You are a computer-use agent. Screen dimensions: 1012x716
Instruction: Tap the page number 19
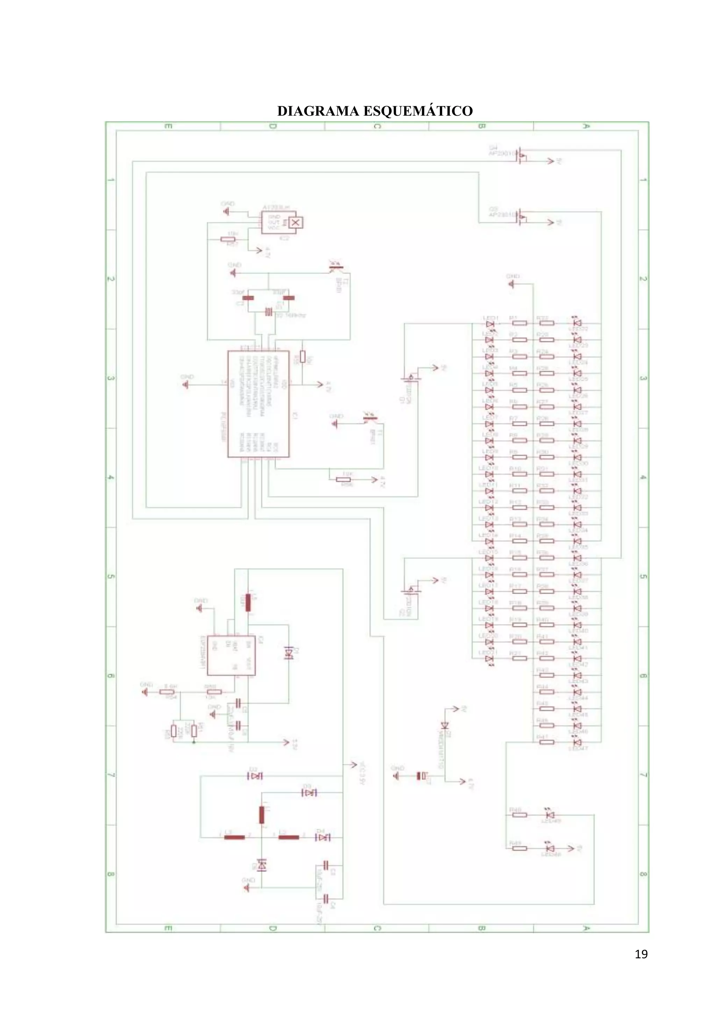(641, 954)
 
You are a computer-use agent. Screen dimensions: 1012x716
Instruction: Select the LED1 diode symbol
(489, 324)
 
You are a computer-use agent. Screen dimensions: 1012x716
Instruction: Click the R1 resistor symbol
(520, 323)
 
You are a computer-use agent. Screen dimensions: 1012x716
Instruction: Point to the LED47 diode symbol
(577, 742)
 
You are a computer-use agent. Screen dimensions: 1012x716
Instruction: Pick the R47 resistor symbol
(547, 742)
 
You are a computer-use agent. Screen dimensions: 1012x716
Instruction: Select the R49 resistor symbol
(520, 848)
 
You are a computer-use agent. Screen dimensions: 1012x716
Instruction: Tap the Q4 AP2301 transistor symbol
(522, 155)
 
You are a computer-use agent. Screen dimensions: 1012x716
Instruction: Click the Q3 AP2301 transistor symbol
(522, 217)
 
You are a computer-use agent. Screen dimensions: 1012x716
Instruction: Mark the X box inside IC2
(295, 223)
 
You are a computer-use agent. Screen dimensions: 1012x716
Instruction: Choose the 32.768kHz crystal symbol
(269, 312)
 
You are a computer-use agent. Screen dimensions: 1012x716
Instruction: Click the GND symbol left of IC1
(186, 384)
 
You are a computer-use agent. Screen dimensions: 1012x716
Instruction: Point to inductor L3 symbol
(235, 837)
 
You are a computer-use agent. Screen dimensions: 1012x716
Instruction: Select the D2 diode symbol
(255, 776)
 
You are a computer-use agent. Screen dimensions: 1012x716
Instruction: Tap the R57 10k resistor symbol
(228, 239)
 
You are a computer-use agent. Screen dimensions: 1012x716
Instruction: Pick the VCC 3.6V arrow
(353, 765)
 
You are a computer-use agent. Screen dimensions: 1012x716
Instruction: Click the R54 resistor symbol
(170, 692)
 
